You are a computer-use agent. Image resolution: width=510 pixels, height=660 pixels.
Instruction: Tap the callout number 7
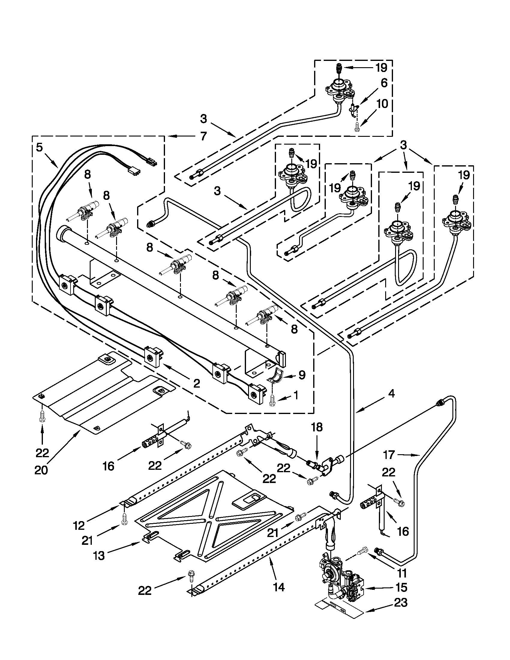(x=203, y=136)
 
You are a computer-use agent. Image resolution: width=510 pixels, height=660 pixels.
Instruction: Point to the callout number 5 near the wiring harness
(x=39, y=148)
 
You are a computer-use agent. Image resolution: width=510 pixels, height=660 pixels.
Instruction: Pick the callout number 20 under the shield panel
(x=41, y=470)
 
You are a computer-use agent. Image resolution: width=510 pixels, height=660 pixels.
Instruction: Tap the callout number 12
(x=79, y=526)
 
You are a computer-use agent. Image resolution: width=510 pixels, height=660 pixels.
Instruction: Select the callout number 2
(x=197, y=384)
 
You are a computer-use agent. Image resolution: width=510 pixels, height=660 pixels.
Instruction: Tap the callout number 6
(x=384, y=83)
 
